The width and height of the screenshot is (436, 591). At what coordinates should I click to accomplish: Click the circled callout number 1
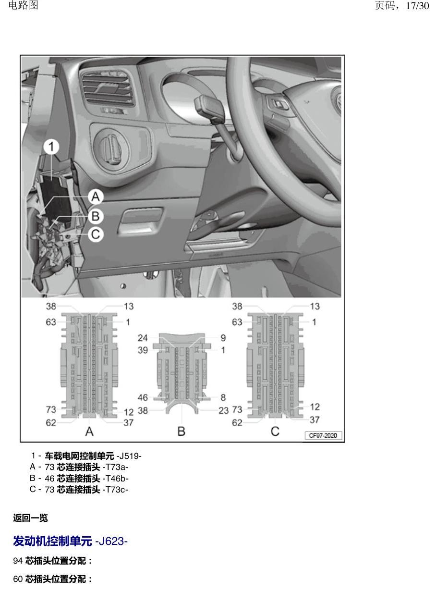51,147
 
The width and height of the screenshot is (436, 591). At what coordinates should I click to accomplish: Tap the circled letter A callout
96,197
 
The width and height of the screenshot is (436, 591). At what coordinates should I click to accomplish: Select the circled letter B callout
96,216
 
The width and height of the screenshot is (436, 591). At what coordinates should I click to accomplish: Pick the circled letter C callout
96,234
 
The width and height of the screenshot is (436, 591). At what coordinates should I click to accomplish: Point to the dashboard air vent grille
108,88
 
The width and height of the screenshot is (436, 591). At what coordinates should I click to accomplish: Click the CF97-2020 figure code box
323,435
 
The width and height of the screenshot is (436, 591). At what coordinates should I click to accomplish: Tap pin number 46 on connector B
143,397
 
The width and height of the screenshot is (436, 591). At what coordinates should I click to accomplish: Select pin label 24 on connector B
143,338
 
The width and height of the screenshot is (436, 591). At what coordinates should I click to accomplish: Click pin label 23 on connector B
224,411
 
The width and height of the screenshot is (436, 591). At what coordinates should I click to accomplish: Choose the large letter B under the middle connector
182,431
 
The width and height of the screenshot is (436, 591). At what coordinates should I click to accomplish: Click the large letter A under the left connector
89,431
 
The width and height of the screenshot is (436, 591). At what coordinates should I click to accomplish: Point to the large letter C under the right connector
275,431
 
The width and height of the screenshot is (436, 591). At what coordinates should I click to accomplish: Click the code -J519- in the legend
129,456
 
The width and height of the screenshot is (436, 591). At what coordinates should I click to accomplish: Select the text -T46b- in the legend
116,479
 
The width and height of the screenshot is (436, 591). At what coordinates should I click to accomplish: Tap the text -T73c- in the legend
115,490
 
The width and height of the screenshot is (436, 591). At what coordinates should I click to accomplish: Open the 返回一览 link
30,518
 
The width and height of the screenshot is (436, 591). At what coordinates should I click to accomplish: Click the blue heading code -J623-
111,542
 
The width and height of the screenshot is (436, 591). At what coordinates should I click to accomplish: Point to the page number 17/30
417,6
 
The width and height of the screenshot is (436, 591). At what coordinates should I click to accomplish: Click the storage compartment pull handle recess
140,221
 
